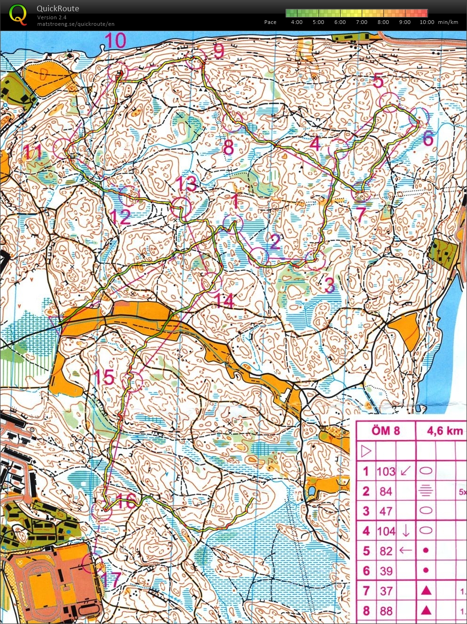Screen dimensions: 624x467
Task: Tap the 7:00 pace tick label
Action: point(361,22)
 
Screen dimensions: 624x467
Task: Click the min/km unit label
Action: point(448,22)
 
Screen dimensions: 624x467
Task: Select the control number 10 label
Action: point(115,41)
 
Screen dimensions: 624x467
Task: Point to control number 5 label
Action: point(378,81)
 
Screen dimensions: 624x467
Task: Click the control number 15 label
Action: point(104,377)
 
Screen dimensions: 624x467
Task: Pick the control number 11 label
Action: point(33,152)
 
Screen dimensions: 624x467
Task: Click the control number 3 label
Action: point(330,285)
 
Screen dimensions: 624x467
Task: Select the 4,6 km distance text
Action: point(444,431)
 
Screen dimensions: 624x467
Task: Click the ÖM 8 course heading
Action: point(385,431)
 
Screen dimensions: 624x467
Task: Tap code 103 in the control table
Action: point(386,471)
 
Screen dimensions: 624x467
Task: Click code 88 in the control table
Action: point(386,611)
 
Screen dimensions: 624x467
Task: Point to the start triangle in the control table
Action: point(366,452)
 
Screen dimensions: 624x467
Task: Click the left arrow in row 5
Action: point(405,551)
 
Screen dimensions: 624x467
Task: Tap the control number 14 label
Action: point(224,301)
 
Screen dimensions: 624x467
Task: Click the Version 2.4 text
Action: point(52,17)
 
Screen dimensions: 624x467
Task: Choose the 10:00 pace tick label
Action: point(427,22)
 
